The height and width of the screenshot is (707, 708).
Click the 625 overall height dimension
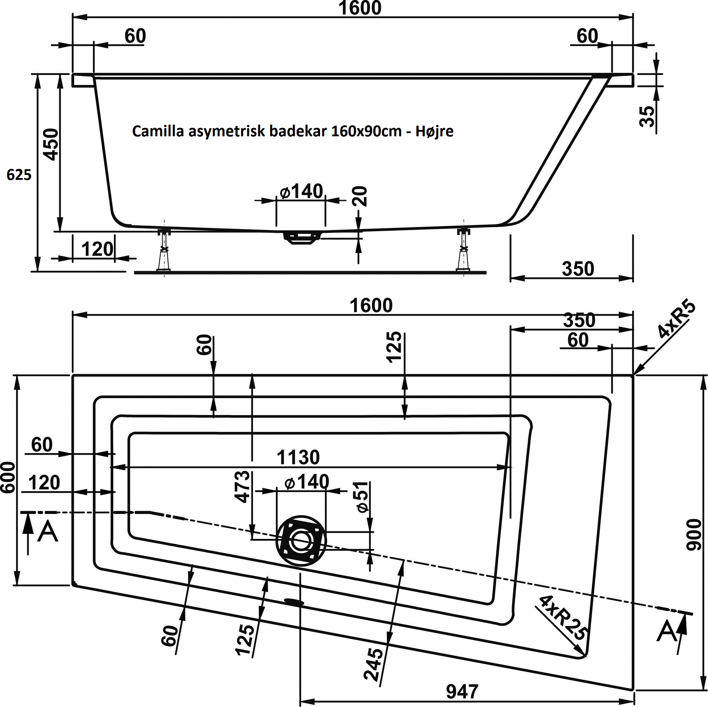pos(19,175)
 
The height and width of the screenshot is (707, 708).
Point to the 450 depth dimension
pos(51,144)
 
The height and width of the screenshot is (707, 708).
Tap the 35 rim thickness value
pos(646,116)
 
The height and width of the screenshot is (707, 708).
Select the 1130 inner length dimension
pos(298,457)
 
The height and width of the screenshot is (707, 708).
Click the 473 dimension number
pos(242,486)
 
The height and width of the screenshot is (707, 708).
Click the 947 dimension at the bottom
pos(462,692)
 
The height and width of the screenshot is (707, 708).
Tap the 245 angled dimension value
pos(373,664)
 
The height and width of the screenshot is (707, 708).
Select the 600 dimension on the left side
pos(8,477)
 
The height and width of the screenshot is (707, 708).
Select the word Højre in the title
pos(434,131)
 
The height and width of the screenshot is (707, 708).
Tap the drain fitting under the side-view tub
pos(302,237)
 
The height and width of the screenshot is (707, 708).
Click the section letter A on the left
pos(48,532)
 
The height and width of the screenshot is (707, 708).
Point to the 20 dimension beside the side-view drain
pos(359,196)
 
